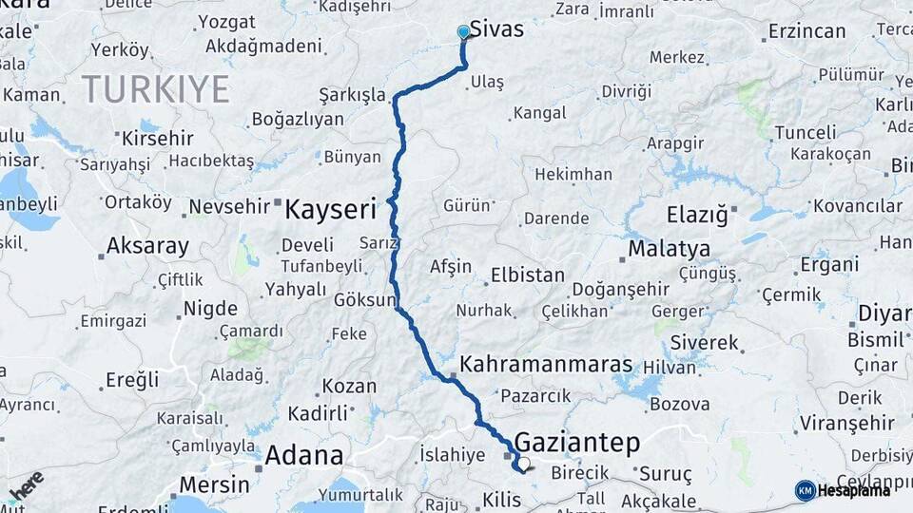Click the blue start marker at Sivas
click(463, 32)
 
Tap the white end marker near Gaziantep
click(522, 465)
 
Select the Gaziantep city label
click(577, 442)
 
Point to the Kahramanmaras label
click(546, 364)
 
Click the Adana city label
click(303, 455)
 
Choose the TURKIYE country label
click(155, 89)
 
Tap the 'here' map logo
click(26, 484)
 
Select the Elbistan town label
click(527, 275)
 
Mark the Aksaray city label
click(147, 246)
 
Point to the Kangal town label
click(539, 113)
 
